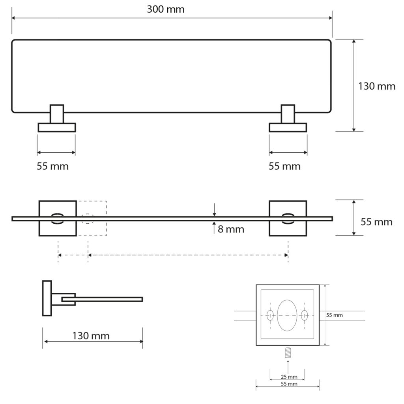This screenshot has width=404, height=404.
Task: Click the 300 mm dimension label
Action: coord(166,9)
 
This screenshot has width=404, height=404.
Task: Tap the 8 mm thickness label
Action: coord(231,229)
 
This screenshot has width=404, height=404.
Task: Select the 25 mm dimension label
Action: coord(289,377)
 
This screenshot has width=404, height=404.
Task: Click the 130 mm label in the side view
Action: coord(91,336)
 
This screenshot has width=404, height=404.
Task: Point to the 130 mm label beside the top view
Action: coord(377,86)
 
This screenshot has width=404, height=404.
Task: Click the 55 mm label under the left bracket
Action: coord(52,166)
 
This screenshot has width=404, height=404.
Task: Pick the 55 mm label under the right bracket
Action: coord(284,166)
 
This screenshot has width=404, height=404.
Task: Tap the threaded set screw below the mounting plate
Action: coord(288,352)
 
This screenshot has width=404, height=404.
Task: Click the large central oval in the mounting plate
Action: coord(287,315)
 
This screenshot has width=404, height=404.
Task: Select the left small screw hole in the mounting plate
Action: coord(270,315)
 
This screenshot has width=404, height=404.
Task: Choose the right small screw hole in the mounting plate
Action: coord(304,315)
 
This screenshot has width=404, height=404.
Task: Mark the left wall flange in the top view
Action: coord(57,127)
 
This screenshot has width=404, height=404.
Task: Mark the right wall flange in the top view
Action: coord(288,127)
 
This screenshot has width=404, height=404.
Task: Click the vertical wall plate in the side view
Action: coord(47,298)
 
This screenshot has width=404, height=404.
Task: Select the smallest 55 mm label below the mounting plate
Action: coord(289,384)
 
